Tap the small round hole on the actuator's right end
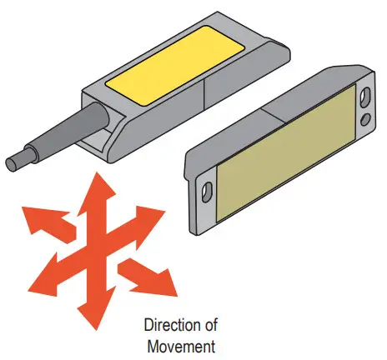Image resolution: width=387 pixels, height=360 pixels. (364, 121)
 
